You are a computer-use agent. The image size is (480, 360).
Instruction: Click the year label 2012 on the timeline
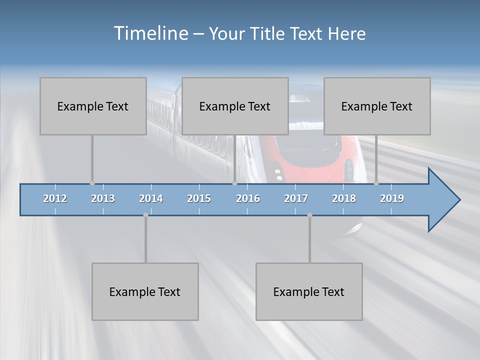55,198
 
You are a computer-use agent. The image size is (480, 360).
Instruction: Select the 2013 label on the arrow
103,198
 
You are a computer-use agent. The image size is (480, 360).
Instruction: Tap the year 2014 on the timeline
151,198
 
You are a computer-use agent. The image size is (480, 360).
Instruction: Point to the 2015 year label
199,198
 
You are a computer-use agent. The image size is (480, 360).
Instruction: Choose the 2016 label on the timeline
248,198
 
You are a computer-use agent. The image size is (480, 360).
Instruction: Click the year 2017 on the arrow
296,198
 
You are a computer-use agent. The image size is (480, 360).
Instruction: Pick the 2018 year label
344,198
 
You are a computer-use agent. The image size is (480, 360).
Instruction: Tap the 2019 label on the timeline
392,198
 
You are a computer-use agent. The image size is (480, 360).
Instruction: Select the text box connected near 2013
93,106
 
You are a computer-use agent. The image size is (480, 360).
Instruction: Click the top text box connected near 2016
235,106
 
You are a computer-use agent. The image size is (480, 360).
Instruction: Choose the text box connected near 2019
377,106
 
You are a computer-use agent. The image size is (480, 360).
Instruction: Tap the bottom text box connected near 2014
145,291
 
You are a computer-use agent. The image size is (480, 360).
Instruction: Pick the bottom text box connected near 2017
309,291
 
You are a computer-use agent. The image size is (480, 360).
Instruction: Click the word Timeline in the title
150,33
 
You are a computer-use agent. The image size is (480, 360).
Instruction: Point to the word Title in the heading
269,34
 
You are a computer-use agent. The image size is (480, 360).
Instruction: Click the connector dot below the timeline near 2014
145,215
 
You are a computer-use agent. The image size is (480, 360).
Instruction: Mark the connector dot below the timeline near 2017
309,215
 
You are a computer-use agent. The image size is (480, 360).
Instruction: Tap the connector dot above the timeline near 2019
376,183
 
